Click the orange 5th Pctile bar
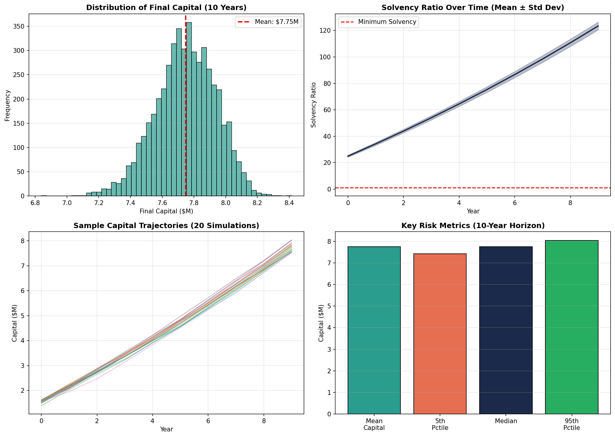tap(440, 333)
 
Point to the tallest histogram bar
tap(189, 109)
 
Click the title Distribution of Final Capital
tap(166, 8)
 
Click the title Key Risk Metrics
tap(473, 226)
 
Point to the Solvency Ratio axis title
tap(313, 105)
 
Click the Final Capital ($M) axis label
tap(166, 211)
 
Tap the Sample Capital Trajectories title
tap(166, 226)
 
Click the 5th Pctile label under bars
tap(440, 424)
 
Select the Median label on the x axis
tap(506, 421)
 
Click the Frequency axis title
tap(7, 105)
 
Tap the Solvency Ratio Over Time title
tap(473, 8)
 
